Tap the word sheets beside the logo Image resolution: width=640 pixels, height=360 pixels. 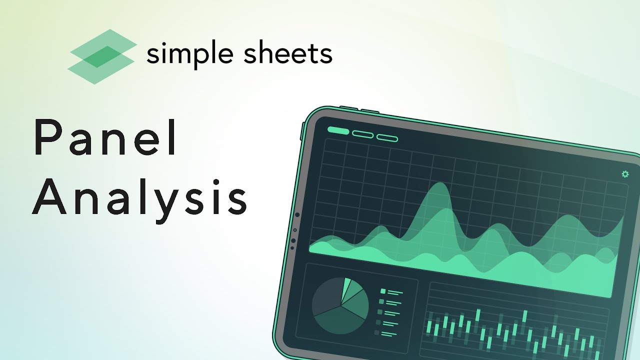pos(287,53)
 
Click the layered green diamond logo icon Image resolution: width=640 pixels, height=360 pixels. pos(102,56)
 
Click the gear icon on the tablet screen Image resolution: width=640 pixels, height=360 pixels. pos(625,174)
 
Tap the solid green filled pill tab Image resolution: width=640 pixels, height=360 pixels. pos(338,130)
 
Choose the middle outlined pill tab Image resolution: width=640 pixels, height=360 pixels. pos(362,134)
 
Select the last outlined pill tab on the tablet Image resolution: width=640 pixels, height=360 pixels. pos(387,138)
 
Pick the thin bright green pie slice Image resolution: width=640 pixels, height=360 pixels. pos(346,287)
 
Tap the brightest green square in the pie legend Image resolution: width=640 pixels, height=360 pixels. pos(383,291)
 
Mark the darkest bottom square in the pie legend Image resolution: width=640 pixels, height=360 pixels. pos(376,332)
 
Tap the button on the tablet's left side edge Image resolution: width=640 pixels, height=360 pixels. pos(302,131)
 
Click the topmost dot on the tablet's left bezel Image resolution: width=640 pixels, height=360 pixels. pos(297,215)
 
